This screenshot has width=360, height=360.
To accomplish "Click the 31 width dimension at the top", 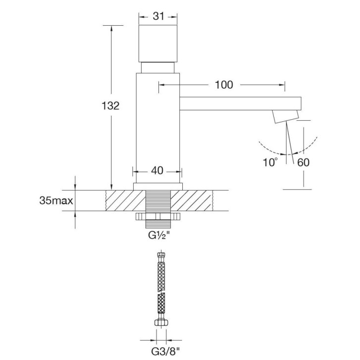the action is coord(158,16).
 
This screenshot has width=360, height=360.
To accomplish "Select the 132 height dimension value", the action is coord(110,106).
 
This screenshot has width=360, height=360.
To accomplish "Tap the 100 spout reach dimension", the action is coord(224,85).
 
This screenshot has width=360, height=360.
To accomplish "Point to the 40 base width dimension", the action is coord(157,170).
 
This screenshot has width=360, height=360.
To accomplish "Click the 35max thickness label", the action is coord(56,201).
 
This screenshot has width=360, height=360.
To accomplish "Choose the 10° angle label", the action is coord(270,162).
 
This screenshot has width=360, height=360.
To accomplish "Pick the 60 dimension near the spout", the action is coord(303,162).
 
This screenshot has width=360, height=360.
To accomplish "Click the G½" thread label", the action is coord(158,236).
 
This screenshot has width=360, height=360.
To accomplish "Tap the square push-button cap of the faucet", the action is coord(158,44).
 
